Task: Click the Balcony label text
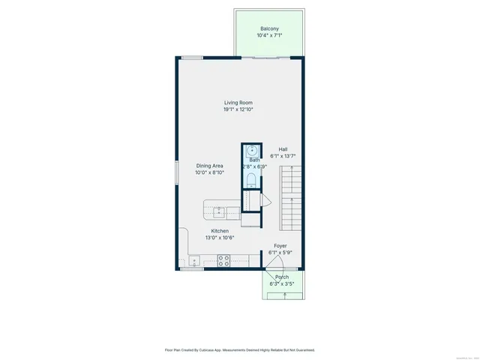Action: tap(269, 28)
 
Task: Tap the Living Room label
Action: tap(238, 103)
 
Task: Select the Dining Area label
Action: tap(209, 166)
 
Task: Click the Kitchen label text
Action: tap(220, 231)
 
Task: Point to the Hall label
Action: tap(283, 149)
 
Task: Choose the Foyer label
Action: tap(280, 245)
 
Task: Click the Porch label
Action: tap(281, 277)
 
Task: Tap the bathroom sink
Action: tap(253, 150)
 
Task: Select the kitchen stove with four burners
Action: tap(223, 260)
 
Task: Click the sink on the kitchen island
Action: tap(220, 211)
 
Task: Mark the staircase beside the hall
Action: tap(290, 199)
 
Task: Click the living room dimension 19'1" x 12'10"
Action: tap(238, 109)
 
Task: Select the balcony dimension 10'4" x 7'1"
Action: tap(269, 35)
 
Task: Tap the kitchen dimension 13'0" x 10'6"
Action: tap(220, 238)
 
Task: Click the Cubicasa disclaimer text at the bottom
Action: tap(239, 349)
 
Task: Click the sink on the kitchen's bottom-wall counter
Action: tap(193, 261)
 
